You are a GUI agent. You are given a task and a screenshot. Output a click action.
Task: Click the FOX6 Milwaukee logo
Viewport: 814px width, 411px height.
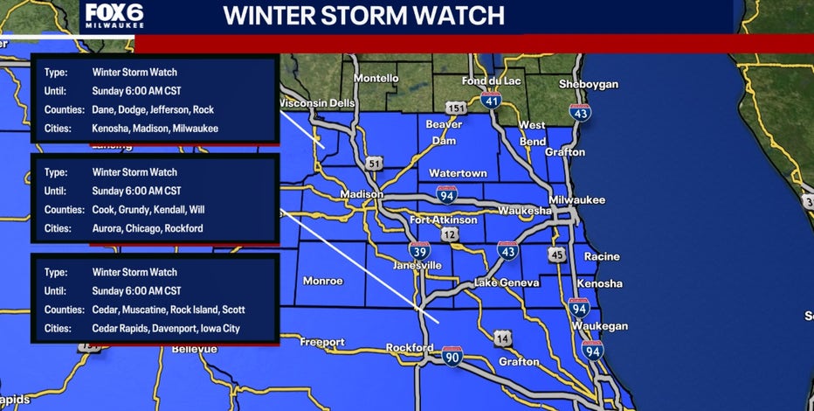click(114, 17)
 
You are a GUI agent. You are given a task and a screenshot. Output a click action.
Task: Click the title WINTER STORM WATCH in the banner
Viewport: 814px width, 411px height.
click(363, 16)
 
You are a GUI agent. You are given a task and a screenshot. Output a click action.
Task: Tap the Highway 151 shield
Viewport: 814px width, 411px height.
click(455, 108)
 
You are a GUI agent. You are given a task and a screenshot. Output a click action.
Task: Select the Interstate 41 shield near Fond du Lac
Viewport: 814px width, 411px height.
click(491, 100)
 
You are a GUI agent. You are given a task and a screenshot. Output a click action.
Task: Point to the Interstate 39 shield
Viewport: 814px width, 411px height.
click(419, 250)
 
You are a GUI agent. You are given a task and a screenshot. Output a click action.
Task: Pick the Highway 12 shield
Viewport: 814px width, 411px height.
click(450, 234)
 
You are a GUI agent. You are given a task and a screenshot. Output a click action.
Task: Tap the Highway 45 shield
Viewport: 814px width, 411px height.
click(557, 254)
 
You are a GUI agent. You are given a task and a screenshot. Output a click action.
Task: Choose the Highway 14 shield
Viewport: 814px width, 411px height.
click(501, 338)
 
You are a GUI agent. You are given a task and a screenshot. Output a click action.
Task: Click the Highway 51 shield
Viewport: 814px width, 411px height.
click(374, 163)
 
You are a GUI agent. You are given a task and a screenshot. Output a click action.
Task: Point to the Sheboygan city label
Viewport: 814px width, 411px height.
click(589, 84)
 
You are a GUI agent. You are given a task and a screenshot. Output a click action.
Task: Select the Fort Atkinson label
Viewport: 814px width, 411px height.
click(444, 219)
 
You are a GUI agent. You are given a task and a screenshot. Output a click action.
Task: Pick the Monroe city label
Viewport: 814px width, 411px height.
click(322, 281)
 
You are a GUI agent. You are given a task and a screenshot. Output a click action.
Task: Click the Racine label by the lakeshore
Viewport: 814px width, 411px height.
click(602, 257)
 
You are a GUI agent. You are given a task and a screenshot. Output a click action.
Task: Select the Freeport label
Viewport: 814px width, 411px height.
click(322, 342)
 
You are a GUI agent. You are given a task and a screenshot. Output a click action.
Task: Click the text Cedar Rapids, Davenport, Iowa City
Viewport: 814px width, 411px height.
click(165, 329)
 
